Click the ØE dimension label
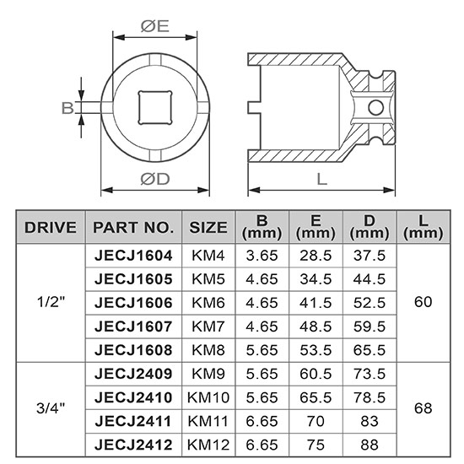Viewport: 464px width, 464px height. pos(154,26)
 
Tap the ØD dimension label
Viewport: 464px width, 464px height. pos(154,178)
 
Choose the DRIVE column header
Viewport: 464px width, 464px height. pos(51,227)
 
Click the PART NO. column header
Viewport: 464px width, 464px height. pos(133,227)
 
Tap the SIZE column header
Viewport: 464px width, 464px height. pos(208,227)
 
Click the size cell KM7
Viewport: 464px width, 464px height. pos(208,326)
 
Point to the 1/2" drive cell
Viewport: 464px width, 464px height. pos(51,302)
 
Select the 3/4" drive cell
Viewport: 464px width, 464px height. pos(51,407)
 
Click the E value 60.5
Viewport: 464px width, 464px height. pos(316,372)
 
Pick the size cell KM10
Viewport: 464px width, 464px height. pos(208,396)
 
